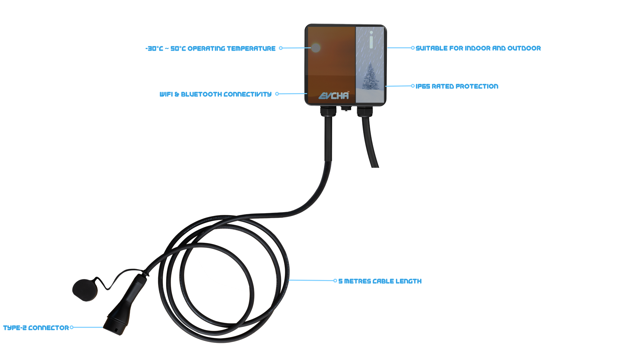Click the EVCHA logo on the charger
(x=334, y=95)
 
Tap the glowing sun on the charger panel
(x=316, y=48)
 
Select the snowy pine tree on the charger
(x=371, y=76)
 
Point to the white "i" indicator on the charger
(x=371, y=40)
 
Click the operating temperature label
(x=210, y=48)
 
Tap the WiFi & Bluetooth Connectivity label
(x=215, y=94)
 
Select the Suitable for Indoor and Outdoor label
(x=478, y=48)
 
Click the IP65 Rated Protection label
(x=457, y=86)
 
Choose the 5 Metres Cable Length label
(x=380, y=281)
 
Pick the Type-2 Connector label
(x=36, y=328)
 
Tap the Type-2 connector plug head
(x=116, y=324)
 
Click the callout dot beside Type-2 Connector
(x=71, y=327)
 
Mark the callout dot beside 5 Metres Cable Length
(x=335, y=281)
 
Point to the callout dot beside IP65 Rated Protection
(x=413, y=86)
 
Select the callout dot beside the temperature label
(x=281, y=48)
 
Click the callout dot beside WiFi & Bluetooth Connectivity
(x=277, y=94)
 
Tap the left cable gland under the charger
(x=328, y=111)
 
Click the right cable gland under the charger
(x=365, y=111)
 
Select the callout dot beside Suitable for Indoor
(x=413, y=48)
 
